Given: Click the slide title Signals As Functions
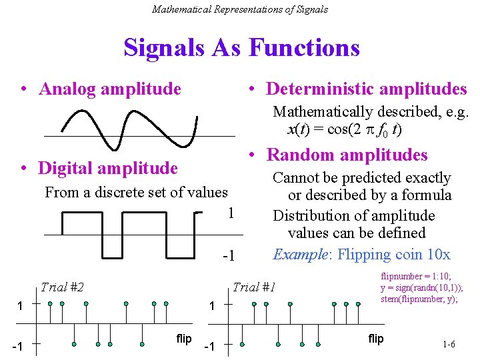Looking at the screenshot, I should [241, 47].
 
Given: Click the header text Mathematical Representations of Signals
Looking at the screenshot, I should [240, 9].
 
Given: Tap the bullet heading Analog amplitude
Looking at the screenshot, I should [110, 89].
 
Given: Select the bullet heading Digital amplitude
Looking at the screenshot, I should [108, 168].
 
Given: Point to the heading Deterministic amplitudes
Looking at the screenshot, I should [366, 89].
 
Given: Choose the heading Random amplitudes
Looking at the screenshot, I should [347, 155].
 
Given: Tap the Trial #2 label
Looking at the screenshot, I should [62, 287].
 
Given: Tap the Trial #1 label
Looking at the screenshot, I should [253, 287].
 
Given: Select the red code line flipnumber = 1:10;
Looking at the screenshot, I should [415, 276].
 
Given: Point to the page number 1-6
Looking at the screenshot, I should [448, 345].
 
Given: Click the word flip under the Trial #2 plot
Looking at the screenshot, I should [184, 339].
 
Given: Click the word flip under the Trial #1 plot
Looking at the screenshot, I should [376, 339].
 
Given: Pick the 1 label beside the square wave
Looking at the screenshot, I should [231, 213].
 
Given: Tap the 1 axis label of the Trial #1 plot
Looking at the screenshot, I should [211, 306].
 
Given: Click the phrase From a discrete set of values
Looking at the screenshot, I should [136, 193].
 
